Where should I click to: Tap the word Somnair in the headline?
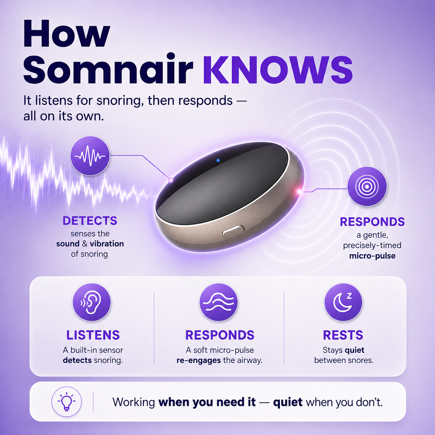point(108,69)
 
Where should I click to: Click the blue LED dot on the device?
point(218,160)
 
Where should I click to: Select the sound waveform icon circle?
point(90,156)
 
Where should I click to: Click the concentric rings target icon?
point(367,186)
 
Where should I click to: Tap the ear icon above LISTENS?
point(92,302)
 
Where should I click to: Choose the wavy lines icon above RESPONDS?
point(218,302)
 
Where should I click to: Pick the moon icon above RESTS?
point(343,302)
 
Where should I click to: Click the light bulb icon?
point(67,402)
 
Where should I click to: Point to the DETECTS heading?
point(90,220)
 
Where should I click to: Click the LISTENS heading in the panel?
point(93,335)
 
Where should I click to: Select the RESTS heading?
point(343,335)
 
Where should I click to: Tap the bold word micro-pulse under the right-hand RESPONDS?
point(372,256)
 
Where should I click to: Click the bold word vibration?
point(107,244)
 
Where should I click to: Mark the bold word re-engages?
point(199,360)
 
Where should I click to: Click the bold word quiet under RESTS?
point(355,350)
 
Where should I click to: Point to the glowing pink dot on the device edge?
point(299,192)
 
